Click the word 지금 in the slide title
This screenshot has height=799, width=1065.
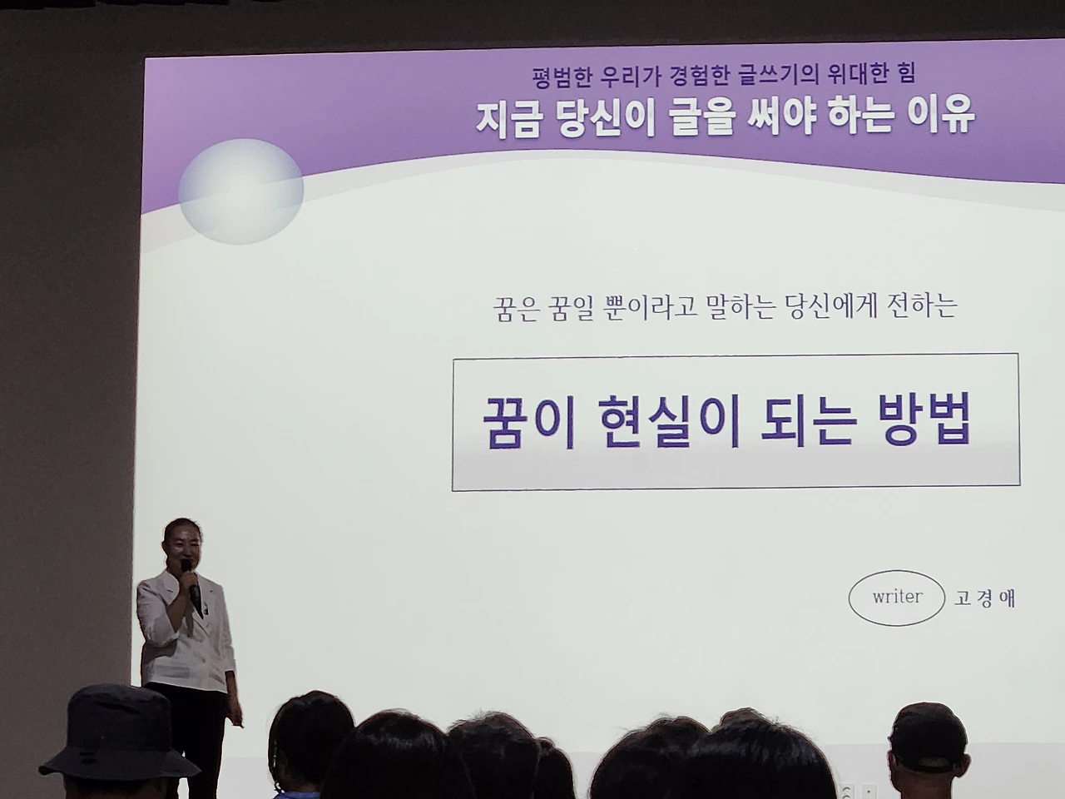tap(507, 119)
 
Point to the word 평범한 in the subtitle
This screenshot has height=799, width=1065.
tap(562, 77)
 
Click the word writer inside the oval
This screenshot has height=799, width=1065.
tap(897, 597)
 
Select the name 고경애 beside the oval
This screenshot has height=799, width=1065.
tap(984, 598)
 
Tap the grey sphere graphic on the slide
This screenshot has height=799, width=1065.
tap(241, 191)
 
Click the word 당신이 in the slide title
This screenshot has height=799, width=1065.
tap(603, 118)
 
